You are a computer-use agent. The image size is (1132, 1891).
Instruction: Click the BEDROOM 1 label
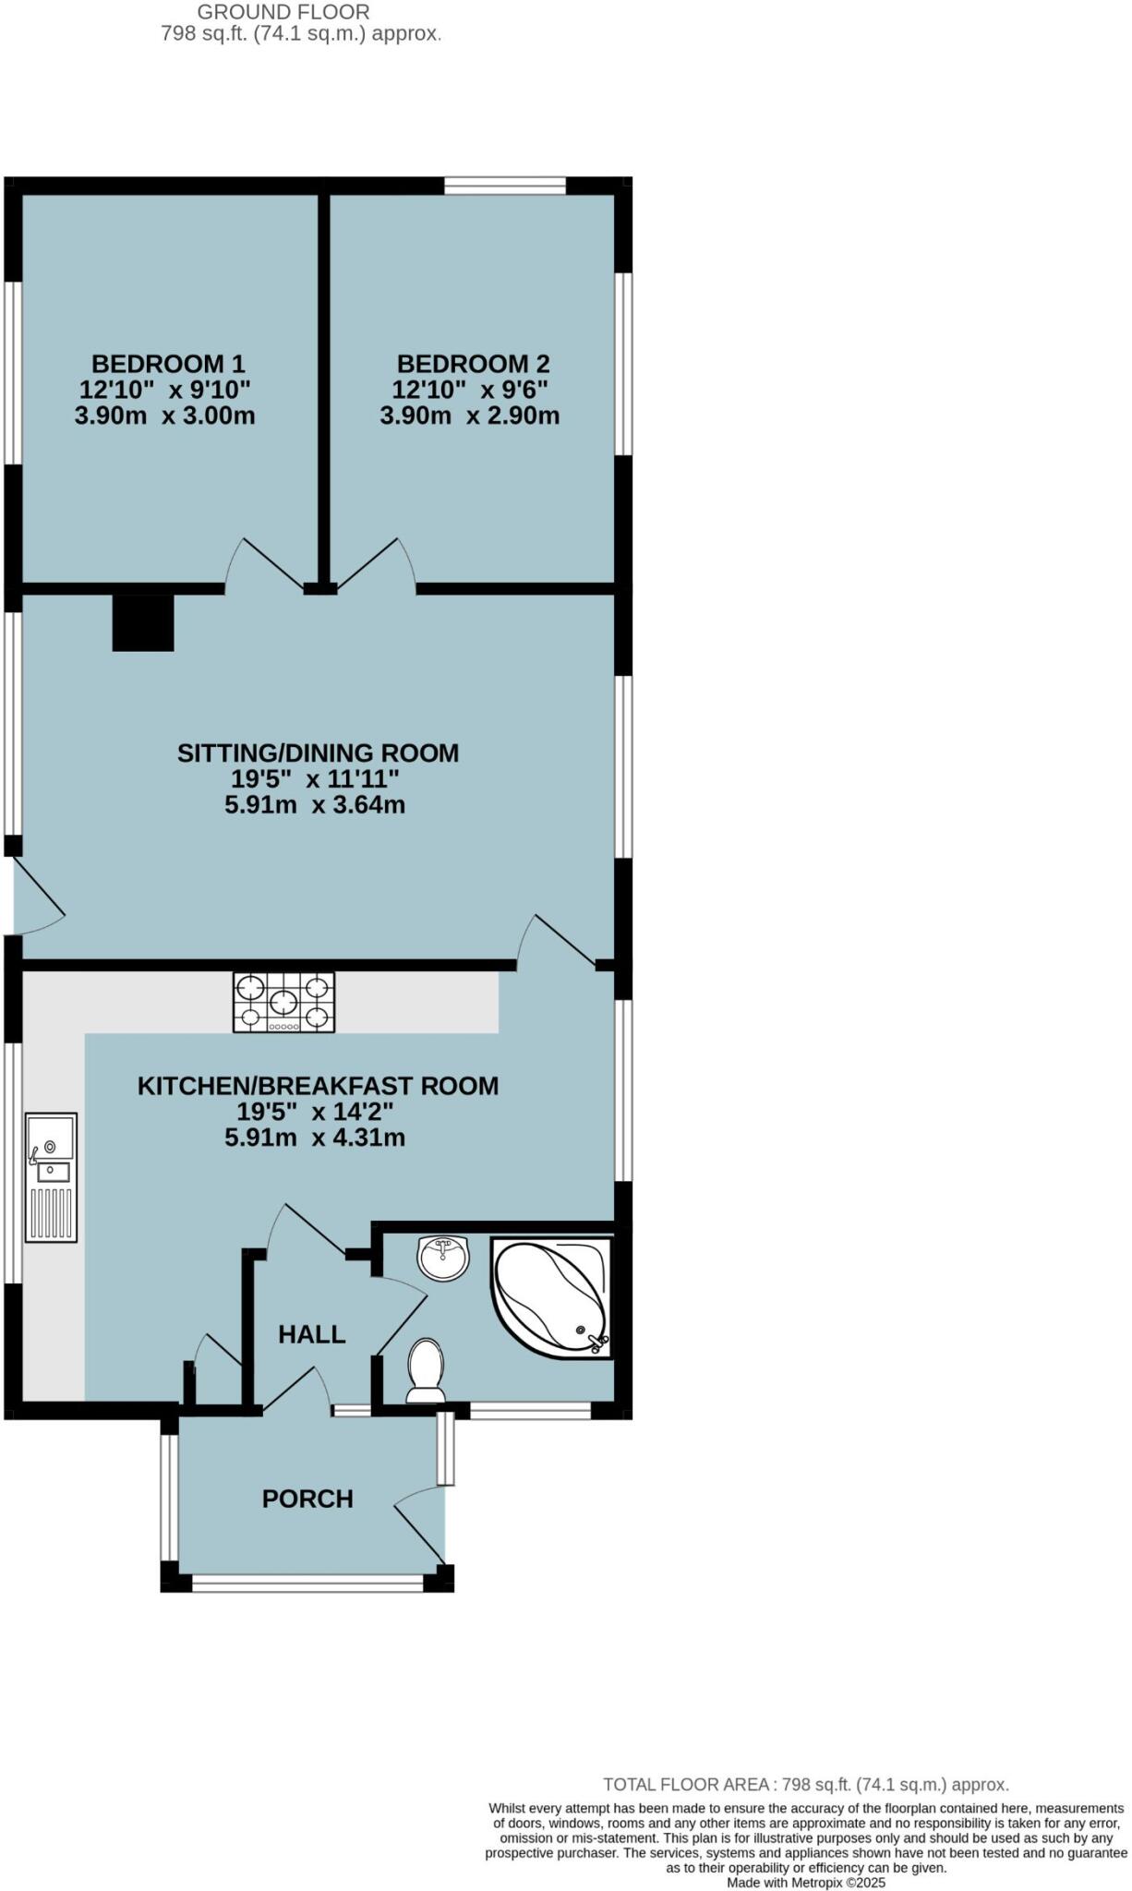(x=167, y=363)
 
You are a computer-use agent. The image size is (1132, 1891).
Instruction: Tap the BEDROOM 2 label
(x=473, y=363)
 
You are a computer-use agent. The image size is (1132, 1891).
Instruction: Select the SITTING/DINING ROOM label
(x=318, y=753)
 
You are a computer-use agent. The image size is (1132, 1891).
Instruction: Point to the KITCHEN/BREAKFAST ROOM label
(x=318, y=1085)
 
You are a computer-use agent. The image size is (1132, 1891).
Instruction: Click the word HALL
(x=312, y=1333)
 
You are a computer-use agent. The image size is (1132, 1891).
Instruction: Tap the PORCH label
(x=307, y=1498)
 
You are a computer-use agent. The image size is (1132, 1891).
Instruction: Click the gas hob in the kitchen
(x=283, y=1003)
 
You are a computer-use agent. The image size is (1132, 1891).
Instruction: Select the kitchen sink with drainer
(x=51, y=1176)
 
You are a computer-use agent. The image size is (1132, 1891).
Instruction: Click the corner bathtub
(x=551, y=1296)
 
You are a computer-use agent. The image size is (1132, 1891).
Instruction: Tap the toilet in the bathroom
(x=426, y=1369)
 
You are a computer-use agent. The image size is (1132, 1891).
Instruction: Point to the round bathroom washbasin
(x=443, y=1258)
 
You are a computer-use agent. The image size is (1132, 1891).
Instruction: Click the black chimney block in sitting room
(x=143, y=622)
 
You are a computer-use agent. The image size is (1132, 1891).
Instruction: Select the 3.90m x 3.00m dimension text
(x=164, y=416)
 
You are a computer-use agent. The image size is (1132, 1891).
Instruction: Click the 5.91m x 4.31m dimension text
(x=315, y=1138)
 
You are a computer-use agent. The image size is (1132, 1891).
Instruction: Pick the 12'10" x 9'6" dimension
(x=472, y=390)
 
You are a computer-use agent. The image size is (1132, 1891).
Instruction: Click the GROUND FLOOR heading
(x=283, y=12)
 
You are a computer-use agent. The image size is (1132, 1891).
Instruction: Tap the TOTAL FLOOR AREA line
(x=805, y=1784)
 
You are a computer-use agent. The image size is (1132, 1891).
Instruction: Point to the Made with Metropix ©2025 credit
(x=805, y=1882)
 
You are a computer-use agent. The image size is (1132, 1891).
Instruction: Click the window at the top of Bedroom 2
(x=504, y=186)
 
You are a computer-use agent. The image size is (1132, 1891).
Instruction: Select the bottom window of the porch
(x=307, y=1583)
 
